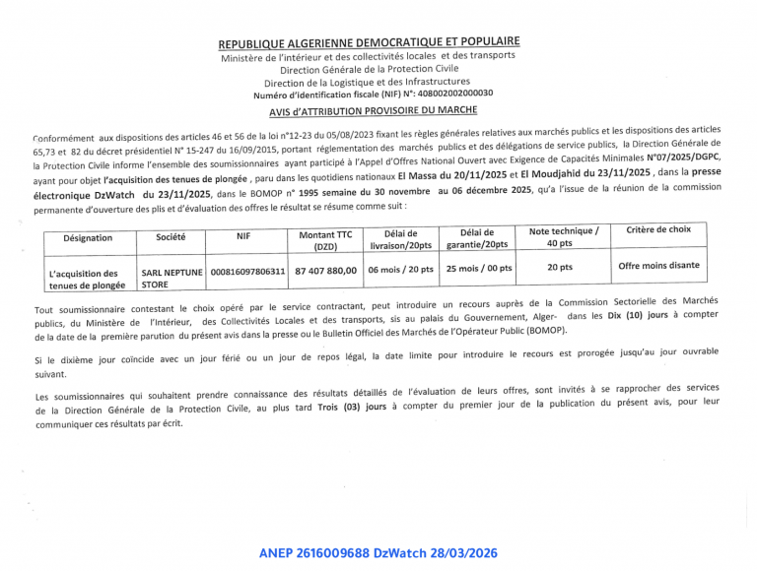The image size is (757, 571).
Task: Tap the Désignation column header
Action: pos(88,238)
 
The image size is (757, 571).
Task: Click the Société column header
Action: pos(172,236)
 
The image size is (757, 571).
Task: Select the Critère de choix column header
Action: pos(658,229)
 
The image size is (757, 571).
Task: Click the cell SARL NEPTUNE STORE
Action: pos(172,278)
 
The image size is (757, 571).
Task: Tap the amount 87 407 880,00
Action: pos(324,271)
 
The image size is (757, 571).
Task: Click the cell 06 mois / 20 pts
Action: pos(400,269)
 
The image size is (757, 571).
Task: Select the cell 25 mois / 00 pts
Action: pos(479,268)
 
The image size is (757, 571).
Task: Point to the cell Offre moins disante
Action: pos(658,265)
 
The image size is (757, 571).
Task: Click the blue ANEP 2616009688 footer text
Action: pos(388,553)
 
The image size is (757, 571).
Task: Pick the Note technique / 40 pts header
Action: pos(564,236)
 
